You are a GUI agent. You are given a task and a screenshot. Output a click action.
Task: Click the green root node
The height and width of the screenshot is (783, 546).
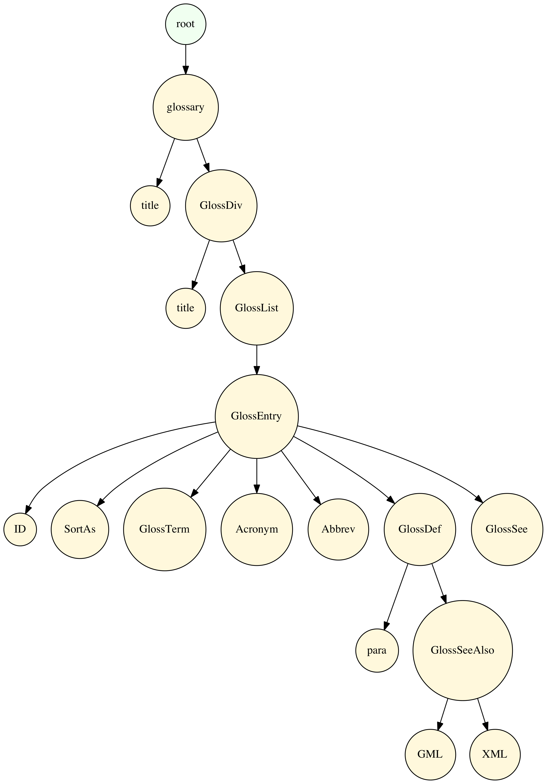click(x=185, y=24)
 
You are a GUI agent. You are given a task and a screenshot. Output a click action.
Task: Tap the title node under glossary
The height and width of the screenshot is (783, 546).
click(x=150, y=206)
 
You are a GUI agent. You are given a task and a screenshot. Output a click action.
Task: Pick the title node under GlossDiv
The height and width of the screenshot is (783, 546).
click(x=185, y=308)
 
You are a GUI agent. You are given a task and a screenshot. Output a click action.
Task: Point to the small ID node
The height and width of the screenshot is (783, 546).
click(x=20, y=529)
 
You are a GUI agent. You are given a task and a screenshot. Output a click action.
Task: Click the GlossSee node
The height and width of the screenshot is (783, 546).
click(x=507, y=529)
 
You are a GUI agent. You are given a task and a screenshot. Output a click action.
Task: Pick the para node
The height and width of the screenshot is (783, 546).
click(x=377, y=650)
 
